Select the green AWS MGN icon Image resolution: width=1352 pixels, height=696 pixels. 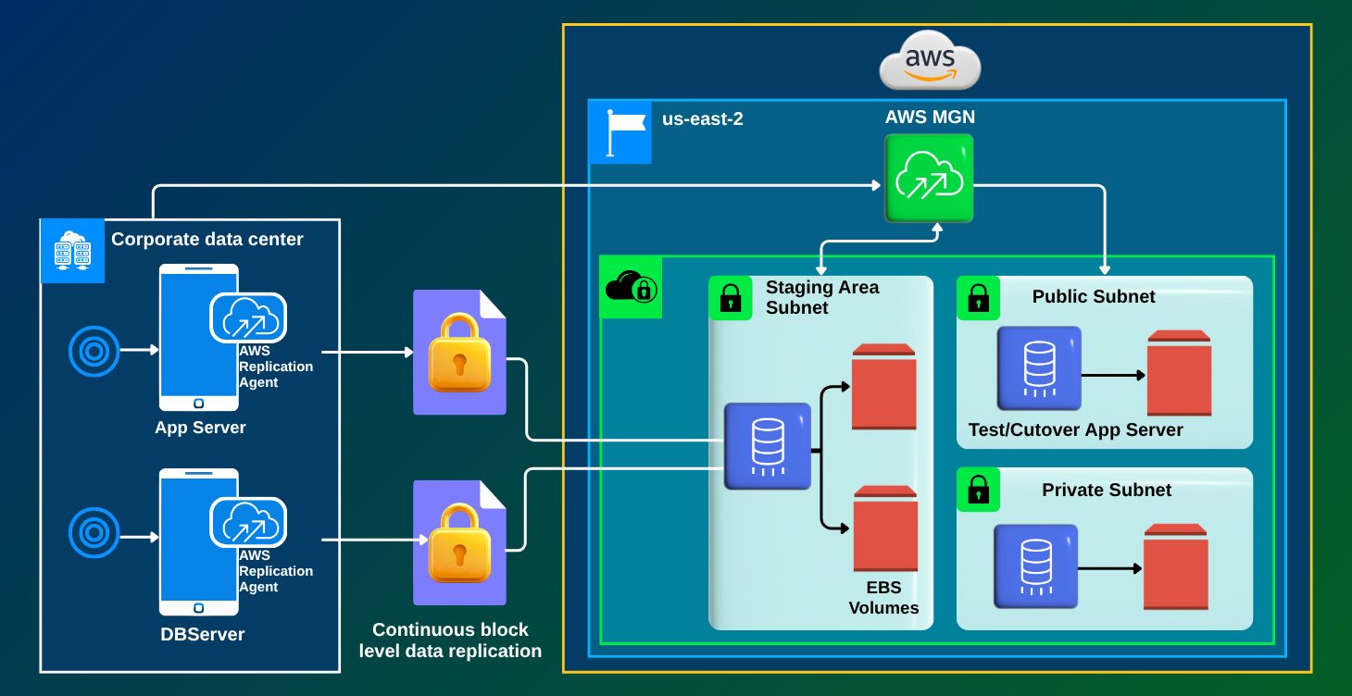click(x=929, y=179)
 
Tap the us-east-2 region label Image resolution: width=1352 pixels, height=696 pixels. click(x=702, y=118)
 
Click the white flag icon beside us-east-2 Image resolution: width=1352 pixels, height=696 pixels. click(x=620, y=132)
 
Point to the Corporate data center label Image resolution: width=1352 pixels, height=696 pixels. click(x=207, y=240)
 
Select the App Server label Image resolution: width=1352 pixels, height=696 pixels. click(x=200, y=428)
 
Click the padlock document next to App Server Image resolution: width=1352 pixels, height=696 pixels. click(x=459, y=352)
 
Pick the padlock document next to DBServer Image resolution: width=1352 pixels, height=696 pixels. click(x=459, y=541)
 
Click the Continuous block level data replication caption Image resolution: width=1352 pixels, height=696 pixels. click(x=450, y=640)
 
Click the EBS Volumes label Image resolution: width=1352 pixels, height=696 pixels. click(x=883, y=598)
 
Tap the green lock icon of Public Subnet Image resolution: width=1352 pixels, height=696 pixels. click(x=978, y=298)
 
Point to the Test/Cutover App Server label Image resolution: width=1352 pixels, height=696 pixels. click(x=1075, y=430)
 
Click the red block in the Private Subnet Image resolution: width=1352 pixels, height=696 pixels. click(x=1175, y=566)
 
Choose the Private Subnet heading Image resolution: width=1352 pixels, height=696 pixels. click(x=1107, y=491)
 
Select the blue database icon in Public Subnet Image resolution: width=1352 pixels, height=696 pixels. click(x=1039, y=367)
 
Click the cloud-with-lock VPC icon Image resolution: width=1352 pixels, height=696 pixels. click(x=632, y=288)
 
